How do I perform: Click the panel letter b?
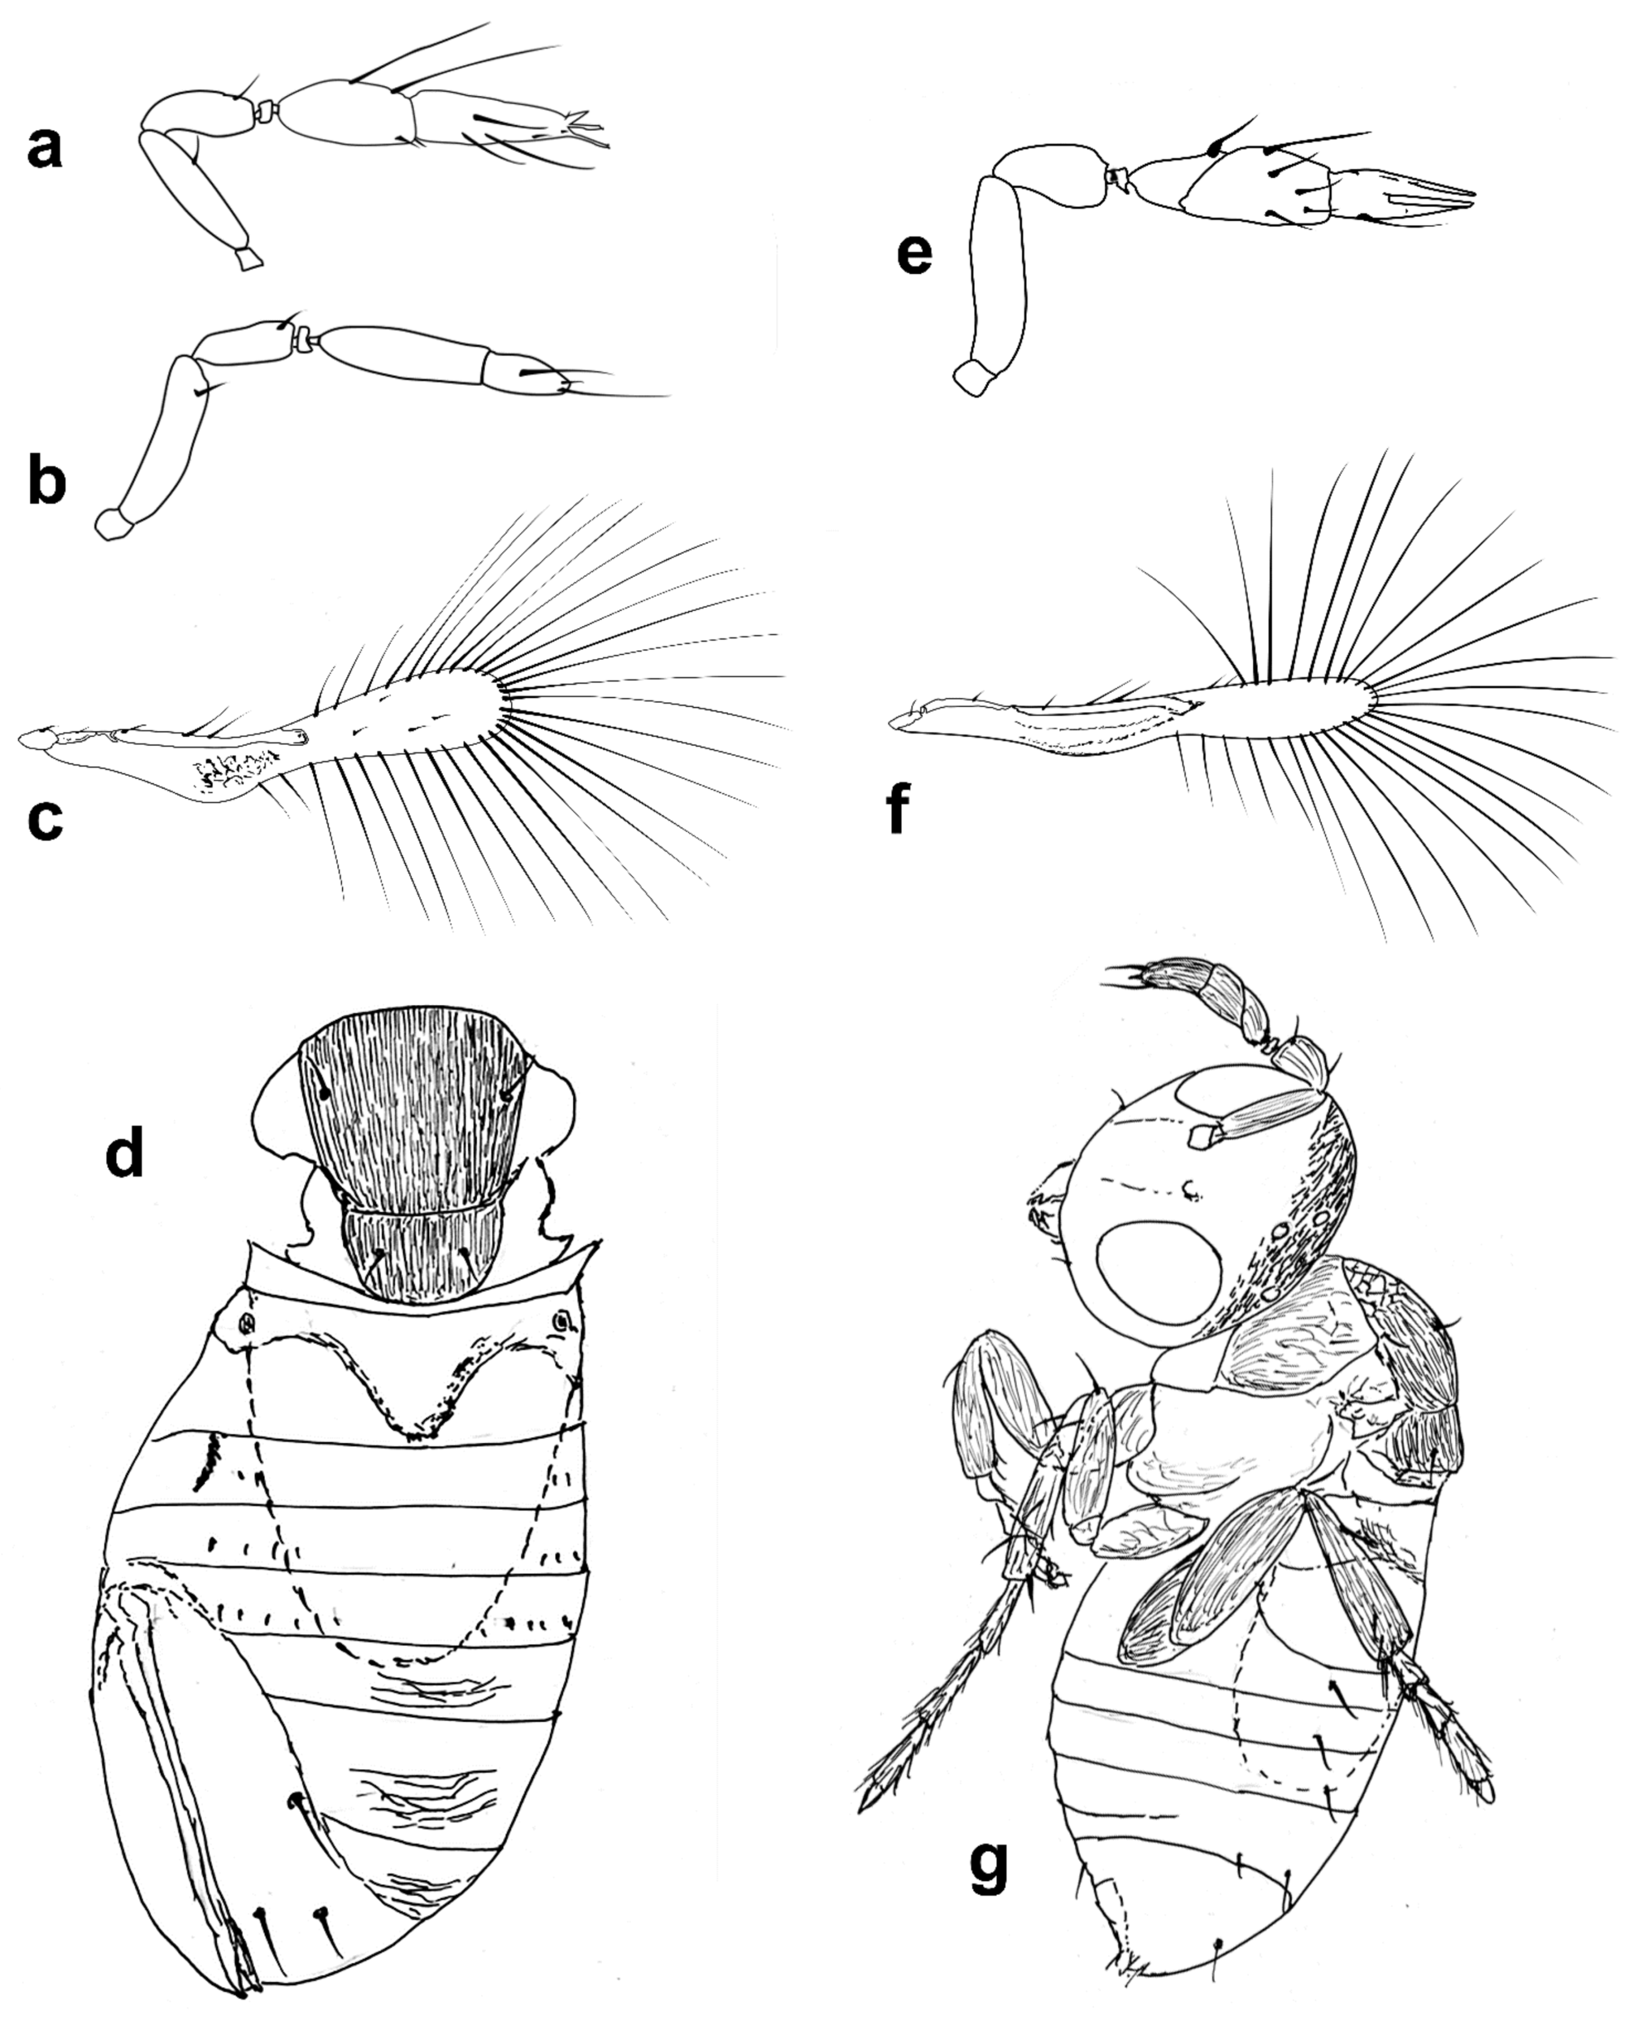point(47,480)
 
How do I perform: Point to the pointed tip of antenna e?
point(1473,195)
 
